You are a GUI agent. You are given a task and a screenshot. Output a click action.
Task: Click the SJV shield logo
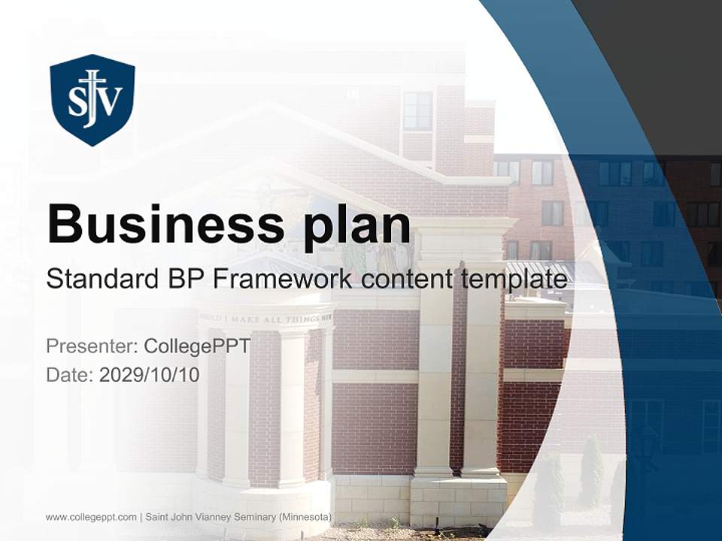[x=93, y=99]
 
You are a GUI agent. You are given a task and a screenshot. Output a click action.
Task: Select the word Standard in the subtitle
[x=99, y=280]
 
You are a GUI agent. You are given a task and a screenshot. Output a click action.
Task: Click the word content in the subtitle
[x=408, y=280]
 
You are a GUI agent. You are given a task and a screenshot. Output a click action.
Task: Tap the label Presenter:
[x=92, y=346]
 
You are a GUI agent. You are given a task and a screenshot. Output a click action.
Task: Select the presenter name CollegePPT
[x=196, y=346]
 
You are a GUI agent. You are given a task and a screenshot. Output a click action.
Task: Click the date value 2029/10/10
[x=149, y=374]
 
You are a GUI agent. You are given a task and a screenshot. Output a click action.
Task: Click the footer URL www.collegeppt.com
[x=91, y=517]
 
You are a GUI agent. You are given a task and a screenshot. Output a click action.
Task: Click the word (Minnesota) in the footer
[x=303, y=517]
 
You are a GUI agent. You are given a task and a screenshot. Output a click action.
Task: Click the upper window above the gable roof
[x=417, y=110]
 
